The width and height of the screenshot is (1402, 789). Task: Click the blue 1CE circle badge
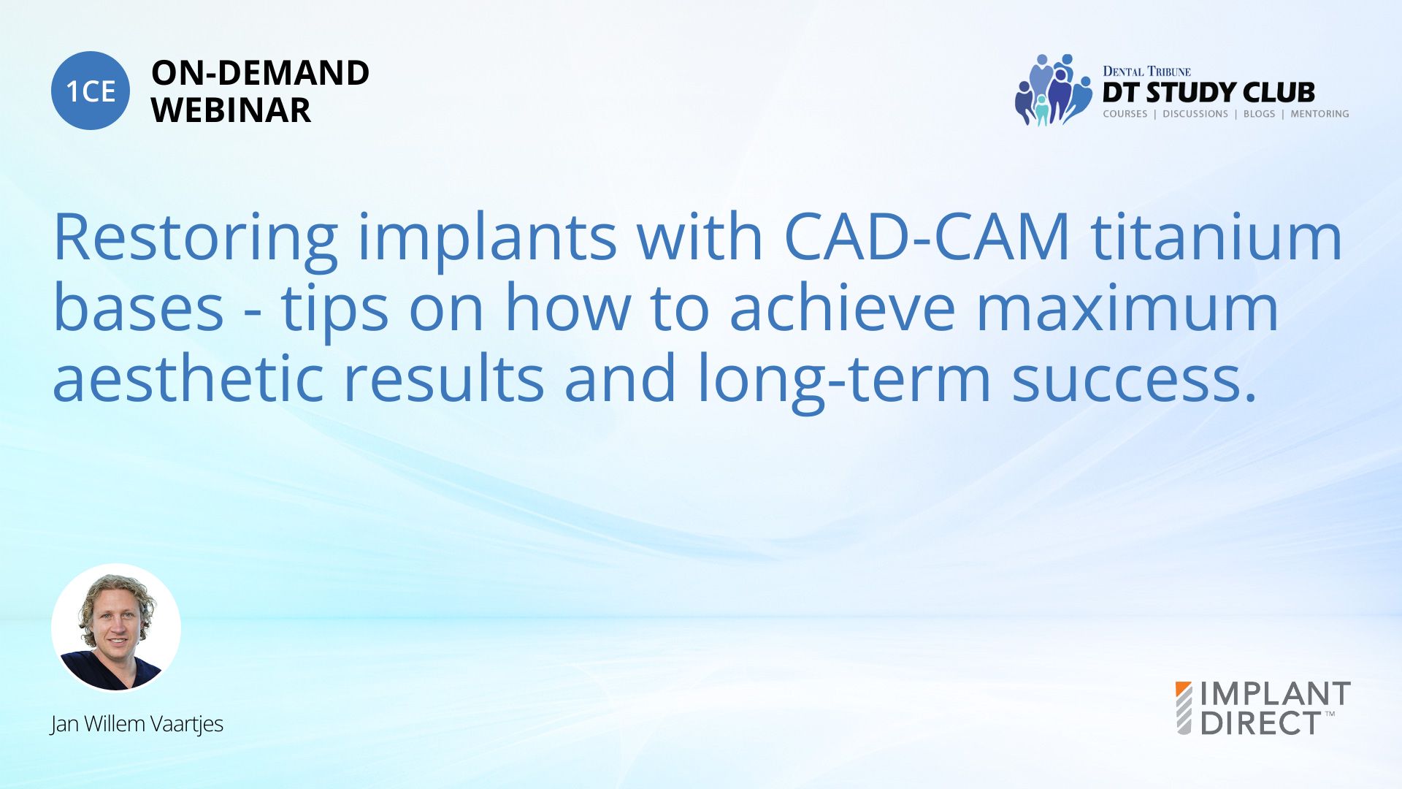coord(91,91)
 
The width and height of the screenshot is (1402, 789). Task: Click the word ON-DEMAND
coord(260,73)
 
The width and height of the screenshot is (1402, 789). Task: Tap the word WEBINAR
coord(231,110)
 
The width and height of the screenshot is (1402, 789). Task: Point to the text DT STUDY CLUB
coord(1208,93)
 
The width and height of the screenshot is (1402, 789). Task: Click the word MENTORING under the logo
coord(1319,114)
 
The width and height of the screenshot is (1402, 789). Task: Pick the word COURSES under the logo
coord(1125,114)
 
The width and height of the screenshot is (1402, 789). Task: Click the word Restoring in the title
coord(196,237)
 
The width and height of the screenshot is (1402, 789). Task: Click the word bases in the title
coord(139,308)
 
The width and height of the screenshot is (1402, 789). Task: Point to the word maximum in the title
coord(1127,308)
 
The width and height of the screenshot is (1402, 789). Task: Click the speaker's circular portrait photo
coord(116,628)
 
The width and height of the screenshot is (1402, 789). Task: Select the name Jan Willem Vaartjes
coord(137,724)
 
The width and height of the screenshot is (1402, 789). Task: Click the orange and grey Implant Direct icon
coord(1184,708)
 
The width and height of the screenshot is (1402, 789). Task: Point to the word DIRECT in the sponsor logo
coord(1260,723)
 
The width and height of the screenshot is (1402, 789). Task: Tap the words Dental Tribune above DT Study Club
coord(1146,71)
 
